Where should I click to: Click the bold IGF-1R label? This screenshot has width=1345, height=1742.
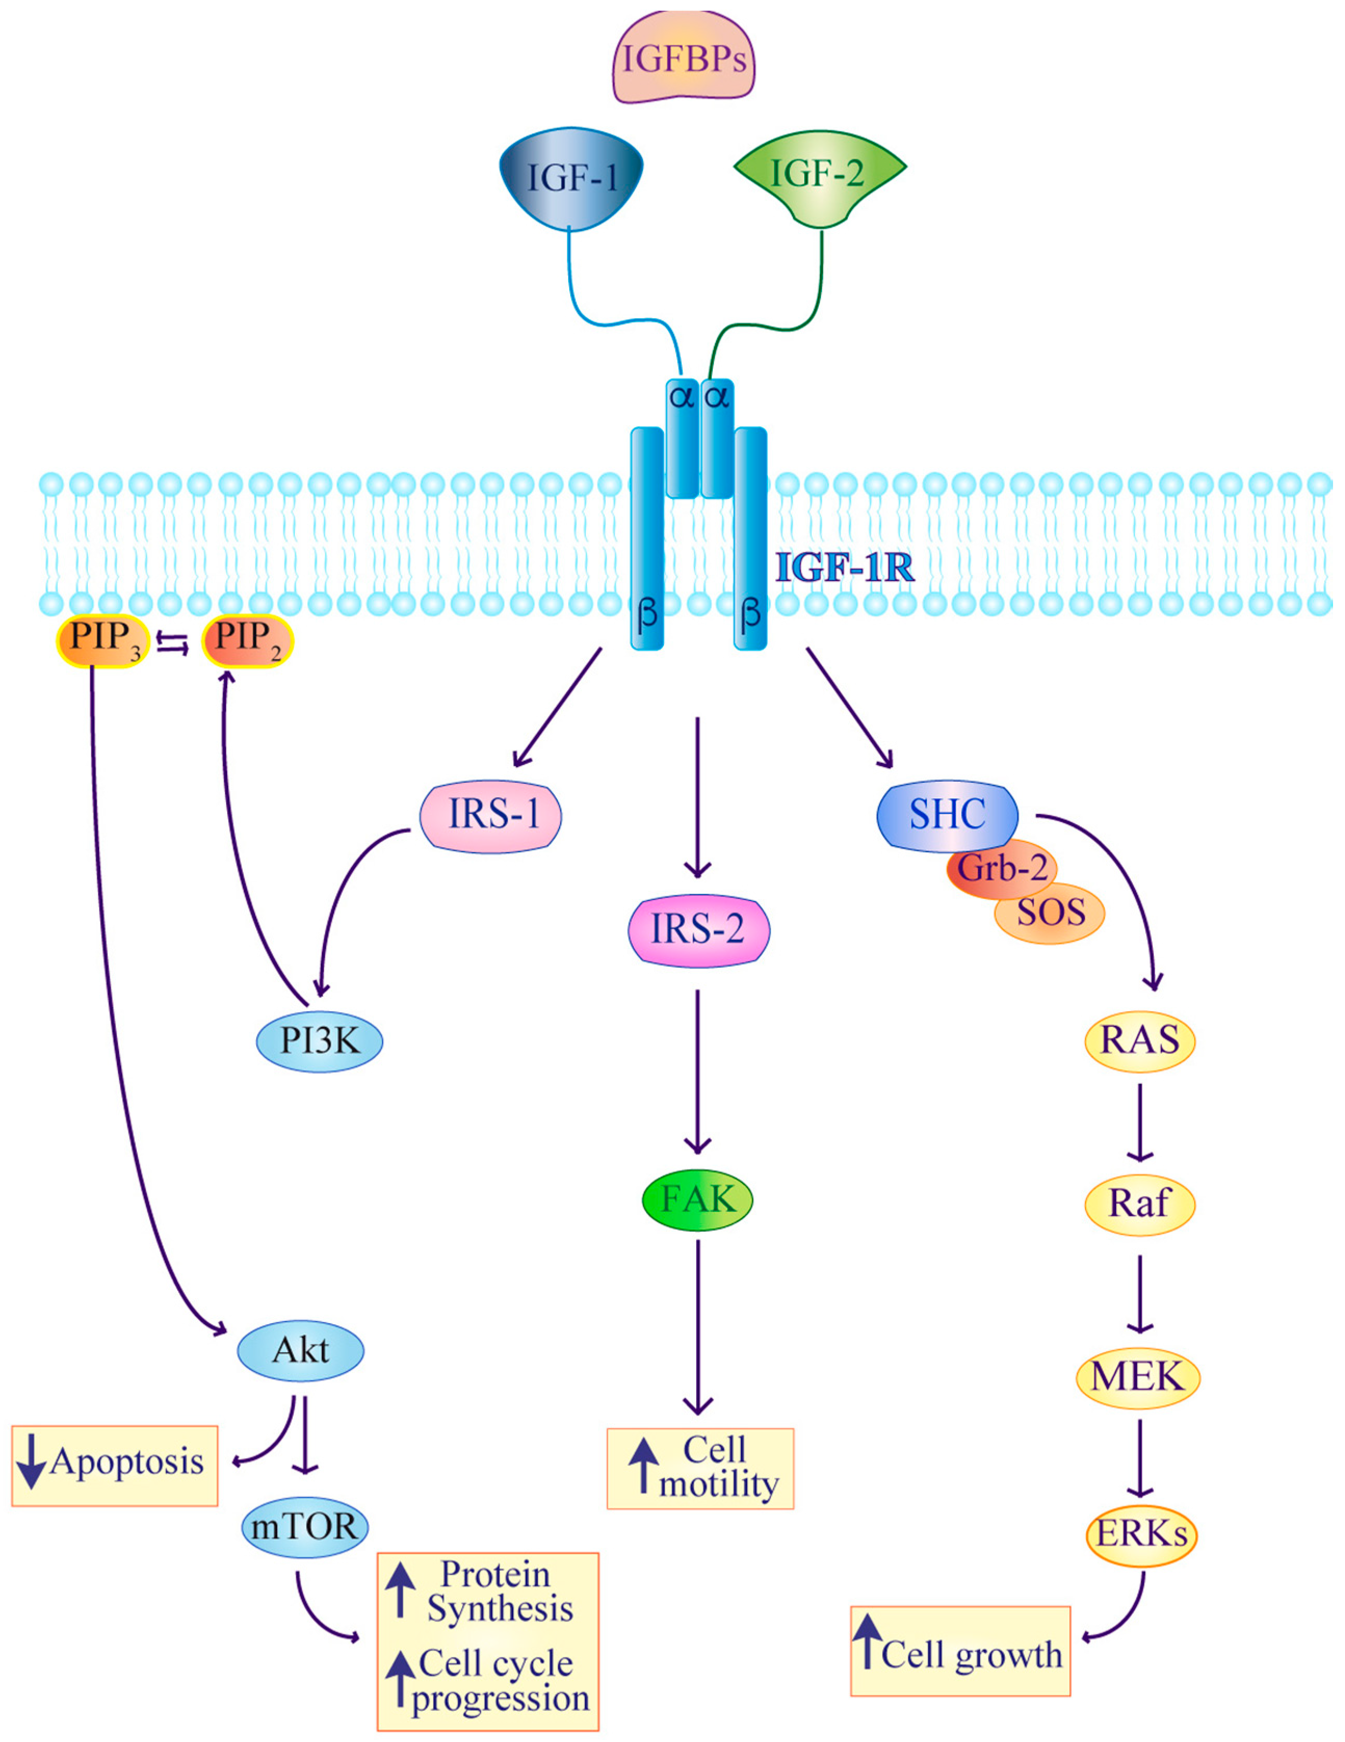(x=845, y=568)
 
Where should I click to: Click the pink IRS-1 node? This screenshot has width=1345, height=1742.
(x=491, y=815)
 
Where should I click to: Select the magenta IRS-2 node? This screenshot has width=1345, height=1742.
(x=698, y=929)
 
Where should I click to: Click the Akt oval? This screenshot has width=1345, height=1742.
(x=301, y=1350)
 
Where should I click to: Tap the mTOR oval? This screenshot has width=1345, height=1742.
(x=305, y=1526)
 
